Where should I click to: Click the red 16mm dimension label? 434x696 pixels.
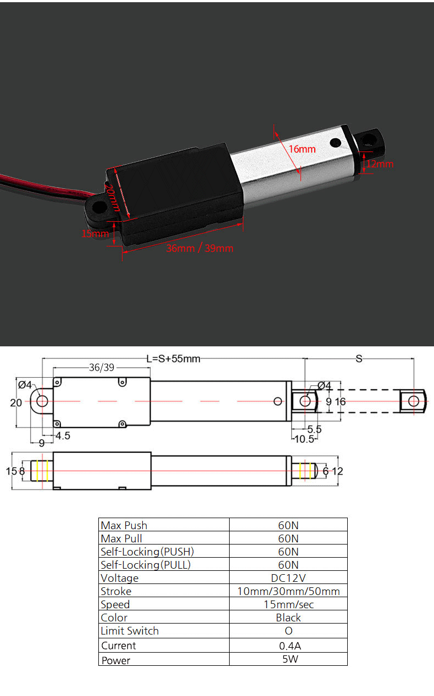click(x=302, y=149)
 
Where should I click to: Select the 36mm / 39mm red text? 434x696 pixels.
click(x=199, y=248)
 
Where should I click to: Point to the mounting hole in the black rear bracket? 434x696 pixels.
click(x=99, y=208)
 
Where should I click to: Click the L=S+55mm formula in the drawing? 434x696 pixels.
click(x=173, y=359)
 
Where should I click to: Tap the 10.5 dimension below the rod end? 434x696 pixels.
click(x=304, y=439)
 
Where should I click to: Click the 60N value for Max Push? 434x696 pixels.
click(x=288, y=525)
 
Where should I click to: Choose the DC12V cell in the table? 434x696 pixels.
click(x=288, y=578)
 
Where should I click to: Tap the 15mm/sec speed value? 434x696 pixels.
click(x=288, y=604)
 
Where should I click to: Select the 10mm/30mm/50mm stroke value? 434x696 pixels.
click(x=288, y=591)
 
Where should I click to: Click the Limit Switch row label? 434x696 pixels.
click(x=130, y=631)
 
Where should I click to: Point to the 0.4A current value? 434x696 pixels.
click(x=288, y=646)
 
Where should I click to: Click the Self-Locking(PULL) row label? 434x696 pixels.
click(x=146, y=565)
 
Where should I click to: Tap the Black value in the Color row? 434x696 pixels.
click(x=288, y=618)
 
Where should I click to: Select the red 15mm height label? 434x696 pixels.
click(x=96, y=233)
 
